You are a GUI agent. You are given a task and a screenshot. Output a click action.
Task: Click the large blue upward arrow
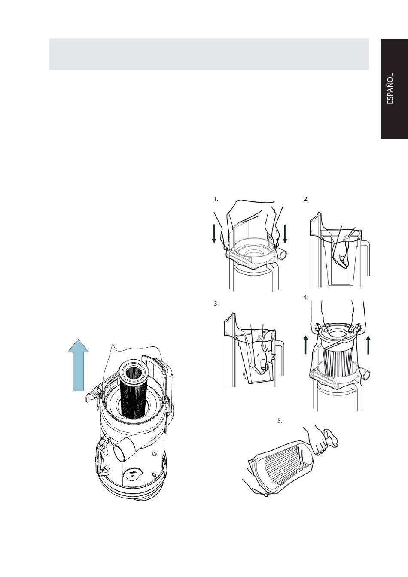click(x=78, y=365)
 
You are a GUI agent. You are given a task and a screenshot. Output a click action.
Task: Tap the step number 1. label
click(x=216, y=199)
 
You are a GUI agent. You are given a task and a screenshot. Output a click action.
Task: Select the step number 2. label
click(x=306, y=199)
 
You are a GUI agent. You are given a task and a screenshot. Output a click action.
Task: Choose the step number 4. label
click(x=306, y=298)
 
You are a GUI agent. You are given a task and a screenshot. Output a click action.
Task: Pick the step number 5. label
click(x=280, y=421)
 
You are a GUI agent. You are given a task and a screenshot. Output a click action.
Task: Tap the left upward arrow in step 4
click(x=306, y=345)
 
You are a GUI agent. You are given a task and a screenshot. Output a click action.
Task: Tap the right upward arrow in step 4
click(x=368, y=345)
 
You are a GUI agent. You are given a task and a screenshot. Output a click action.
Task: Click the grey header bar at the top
click(x=209, y=54)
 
